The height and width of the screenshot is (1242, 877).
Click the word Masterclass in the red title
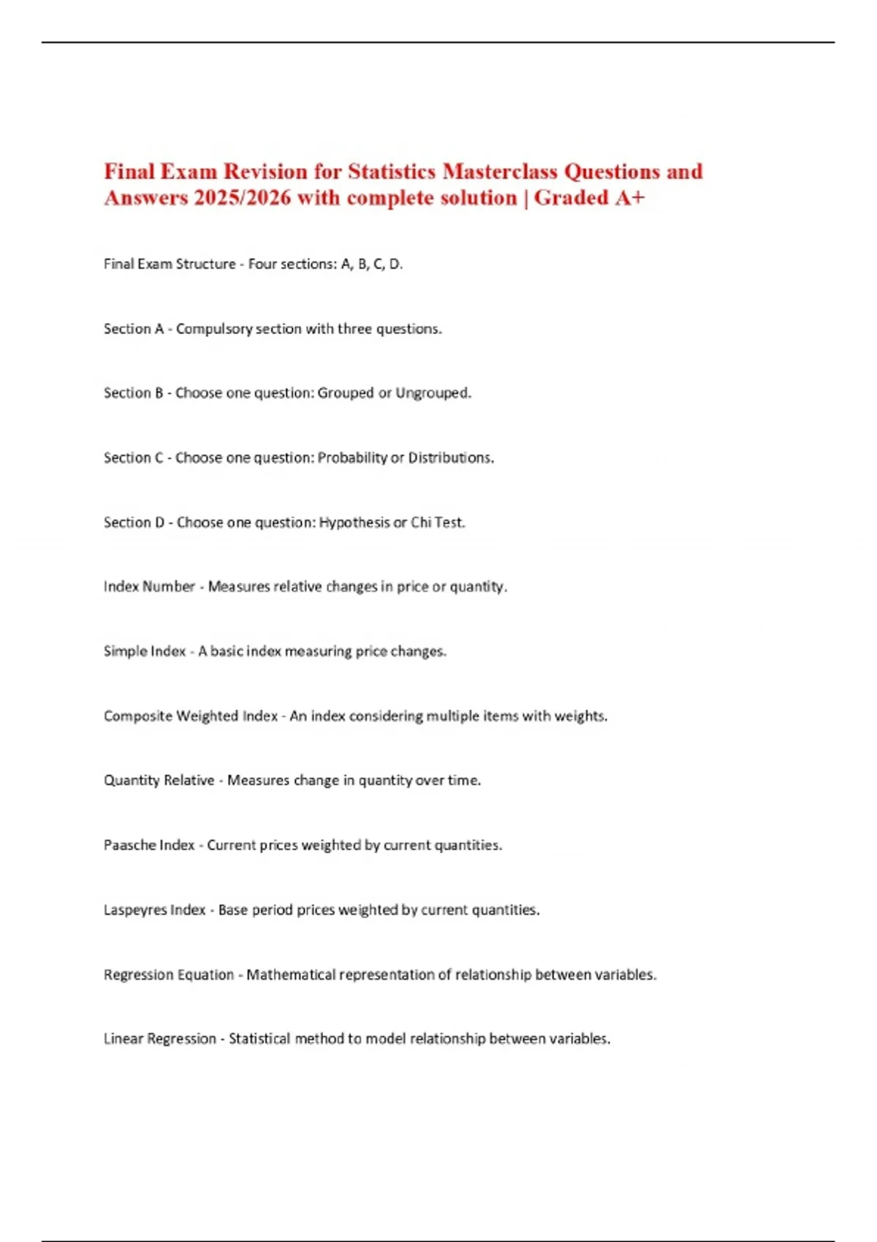pyautogui.click(x=500, y=172)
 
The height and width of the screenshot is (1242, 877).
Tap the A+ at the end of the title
pyautogui.click(x=629, y=198)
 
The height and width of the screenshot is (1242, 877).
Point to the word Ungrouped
pyautogui.click(x=433, y=393)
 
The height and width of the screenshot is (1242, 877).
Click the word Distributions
pyautogui.click(x=450, y=458)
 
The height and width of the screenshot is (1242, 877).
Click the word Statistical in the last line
pyautogui.click(x=259, y=1039)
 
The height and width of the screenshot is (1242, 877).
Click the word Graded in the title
pyautogui.click(x=572, y=198)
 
